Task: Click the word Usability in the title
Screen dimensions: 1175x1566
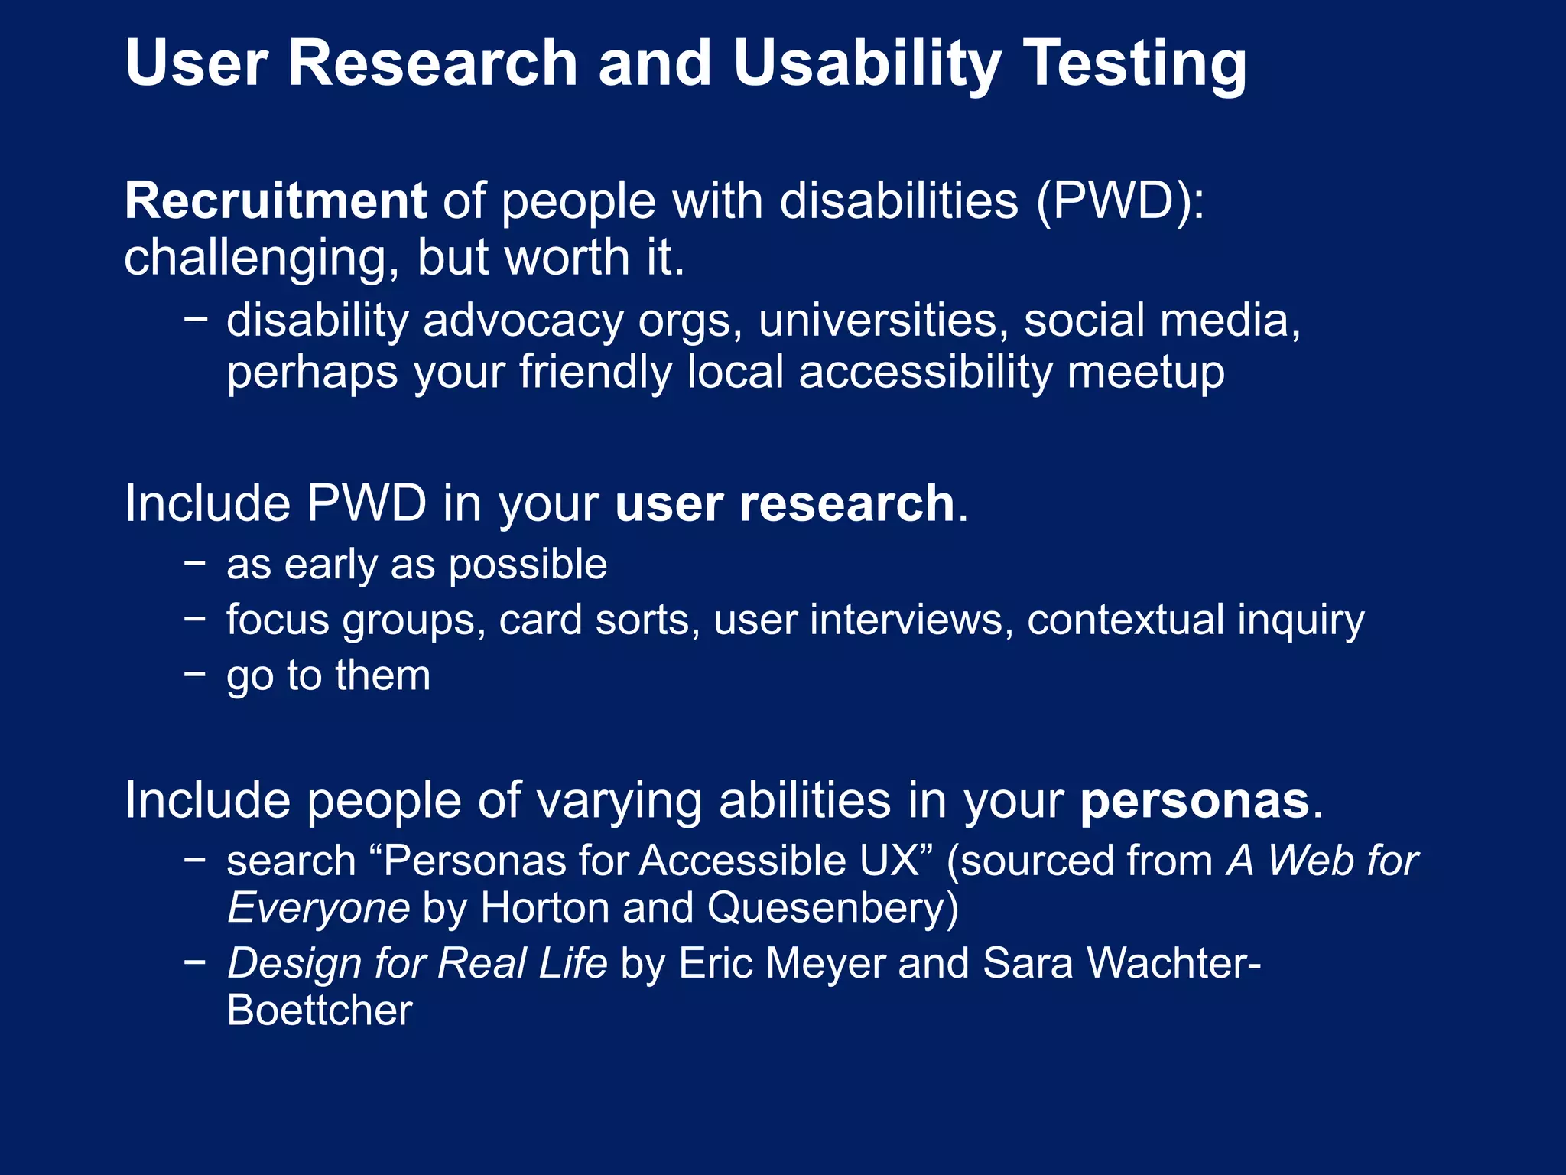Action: [x=866, y=64]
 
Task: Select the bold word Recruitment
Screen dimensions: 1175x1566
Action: [x=275, y=201]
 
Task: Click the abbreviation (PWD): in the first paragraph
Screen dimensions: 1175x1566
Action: [x=1120, y=201]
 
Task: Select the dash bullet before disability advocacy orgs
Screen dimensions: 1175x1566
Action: [x=196, y=319]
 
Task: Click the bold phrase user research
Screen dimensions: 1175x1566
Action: [x=785, y=504]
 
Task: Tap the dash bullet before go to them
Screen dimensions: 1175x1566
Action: [x=196, y=674]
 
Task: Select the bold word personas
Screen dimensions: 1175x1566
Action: [x=1194, y=801]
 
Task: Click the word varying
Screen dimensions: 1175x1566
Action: [x=619, y=801]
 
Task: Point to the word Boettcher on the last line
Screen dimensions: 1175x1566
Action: [x=320, y=1011]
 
